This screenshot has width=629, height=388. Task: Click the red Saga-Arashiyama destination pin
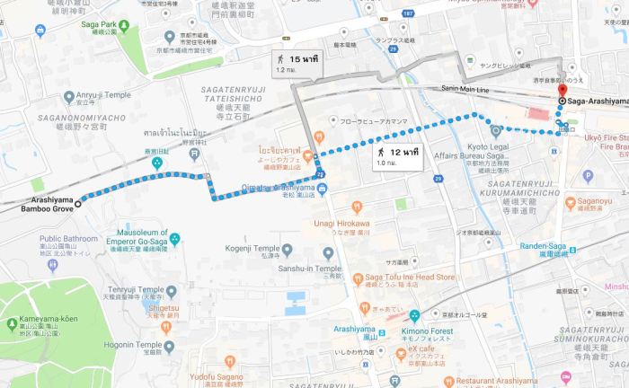pos(563,91)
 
